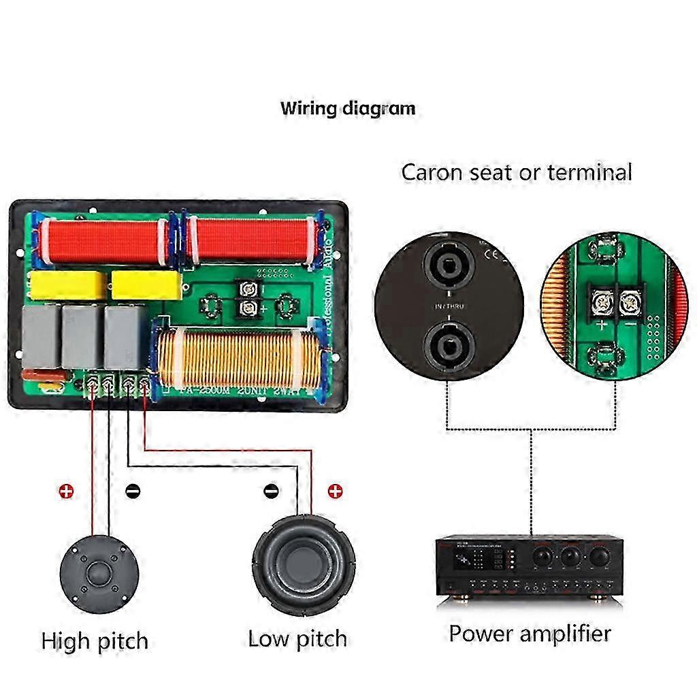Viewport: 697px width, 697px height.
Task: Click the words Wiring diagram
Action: point(347,108)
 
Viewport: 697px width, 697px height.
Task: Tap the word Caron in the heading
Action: point(425,172)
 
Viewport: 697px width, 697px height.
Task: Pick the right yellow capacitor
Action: point(146,285)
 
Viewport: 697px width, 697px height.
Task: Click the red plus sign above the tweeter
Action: point(66,491)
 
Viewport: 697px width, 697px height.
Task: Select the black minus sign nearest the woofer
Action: point(271,491)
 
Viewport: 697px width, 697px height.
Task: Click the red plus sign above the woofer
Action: point(334,491)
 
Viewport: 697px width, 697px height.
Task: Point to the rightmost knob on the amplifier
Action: point(599,557)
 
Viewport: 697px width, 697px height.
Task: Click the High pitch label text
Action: point(95,641)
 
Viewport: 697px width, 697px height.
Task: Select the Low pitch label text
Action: point(297,638)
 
